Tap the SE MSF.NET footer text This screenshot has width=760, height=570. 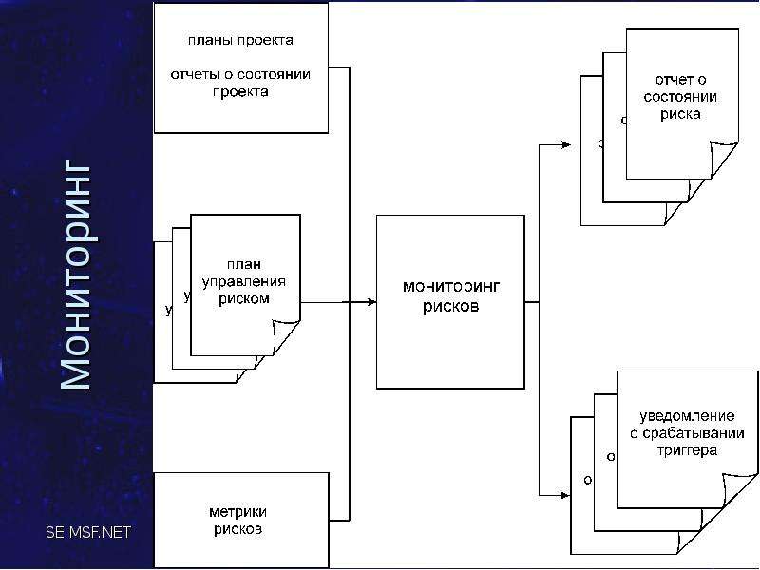[x=88, y=532]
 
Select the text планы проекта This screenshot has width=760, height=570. [x=240, y=40]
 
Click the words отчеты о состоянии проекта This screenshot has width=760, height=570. [x=240, y=83]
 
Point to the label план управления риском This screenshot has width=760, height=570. [x=244, y=281]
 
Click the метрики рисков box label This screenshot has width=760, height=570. [x=238, y=520]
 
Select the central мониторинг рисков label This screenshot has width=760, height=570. [x=450, y=296]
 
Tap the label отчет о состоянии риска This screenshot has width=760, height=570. [x=680, y=97]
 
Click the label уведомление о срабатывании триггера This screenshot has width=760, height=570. [x=687, y=433]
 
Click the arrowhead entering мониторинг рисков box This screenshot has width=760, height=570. [x=371, y=302]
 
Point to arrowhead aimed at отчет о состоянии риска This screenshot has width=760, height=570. [x=565, y=144]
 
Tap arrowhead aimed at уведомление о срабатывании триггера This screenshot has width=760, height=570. [x=564, y=495]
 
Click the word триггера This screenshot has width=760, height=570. [x=687, y=450]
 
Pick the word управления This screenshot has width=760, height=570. [x=244, y=282]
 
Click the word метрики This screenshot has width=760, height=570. [x=238, y=512]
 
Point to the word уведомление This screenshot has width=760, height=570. [x=687, y=416]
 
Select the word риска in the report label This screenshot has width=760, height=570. [x=680, y=114]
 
